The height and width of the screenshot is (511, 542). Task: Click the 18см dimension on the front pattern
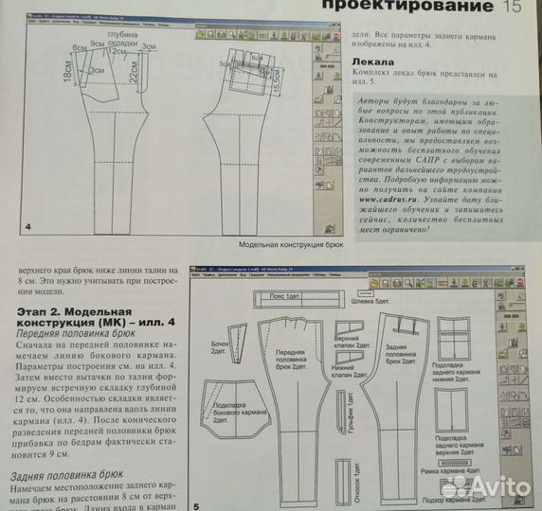click(53, 73)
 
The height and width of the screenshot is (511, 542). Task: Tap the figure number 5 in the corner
click(195, 503)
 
